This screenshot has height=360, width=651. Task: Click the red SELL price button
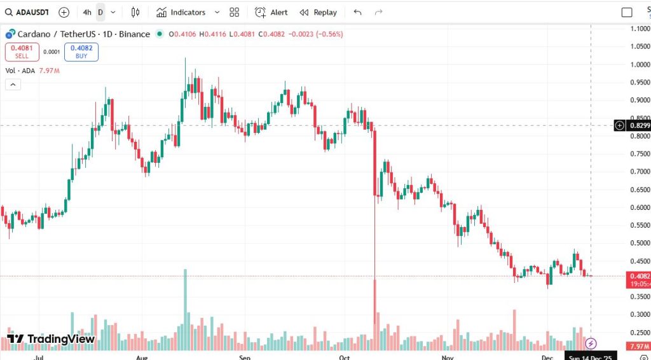click(x=22, y=52)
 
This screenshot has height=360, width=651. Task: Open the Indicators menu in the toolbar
click(x=182, y=12)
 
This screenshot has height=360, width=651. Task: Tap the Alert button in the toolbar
click(x=271, y=12)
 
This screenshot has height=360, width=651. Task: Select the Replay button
click(x=319, y=12)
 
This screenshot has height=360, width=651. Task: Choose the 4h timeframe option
click(x=86, y=12)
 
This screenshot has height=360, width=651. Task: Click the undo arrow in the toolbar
click(x=357, y=12)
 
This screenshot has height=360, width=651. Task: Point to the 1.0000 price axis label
click(x=639, y=64)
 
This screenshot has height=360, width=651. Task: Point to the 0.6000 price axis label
click(x=639, y=207)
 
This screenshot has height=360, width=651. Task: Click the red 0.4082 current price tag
click(x=638, y=276)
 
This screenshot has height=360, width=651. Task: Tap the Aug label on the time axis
click(x=142, y=357)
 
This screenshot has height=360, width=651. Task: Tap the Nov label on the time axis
click(x=448, y=357)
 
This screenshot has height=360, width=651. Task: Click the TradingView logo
click(x=51, y=339)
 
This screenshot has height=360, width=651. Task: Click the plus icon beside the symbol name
click(x=64, y=12)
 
